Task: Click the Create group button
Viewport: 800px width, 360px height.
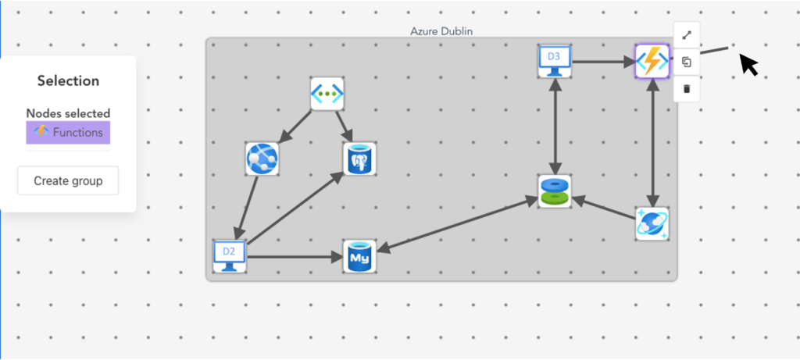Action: (68, 180)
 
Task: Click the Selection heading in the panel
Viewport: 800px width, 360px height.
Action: (68, 80)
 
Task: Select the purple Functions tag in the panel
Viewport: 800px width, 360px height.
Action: (68, 133)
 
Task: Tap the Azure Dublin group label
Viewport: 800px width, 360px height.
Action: (441, 31)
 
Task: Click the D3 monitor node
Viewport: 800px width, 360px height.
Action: (554, 61)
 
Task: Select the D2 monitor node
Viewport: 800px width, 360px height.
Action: (230, 256)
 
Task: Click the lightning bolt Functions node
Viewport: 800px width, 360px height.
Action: (652, 61)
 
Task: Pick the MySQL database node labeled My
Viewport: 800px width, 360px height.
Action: (360, 256)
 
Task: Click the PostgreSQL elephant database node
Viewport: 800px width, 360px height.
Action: (360, 159)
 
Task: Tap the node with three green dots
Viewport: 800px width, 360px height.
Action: (327, 94)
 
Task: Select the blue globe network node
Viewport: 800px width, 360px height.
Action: (262, 159)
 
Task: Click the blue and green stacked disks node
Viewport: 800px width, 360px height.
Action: (554, 191)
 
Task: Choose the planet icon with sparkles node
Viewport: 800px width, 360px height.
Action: (652, 224)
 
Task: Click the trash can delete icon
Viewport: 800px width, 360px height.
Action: (687, 88)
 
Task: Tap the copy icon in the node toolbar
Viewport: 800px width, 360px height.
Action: (687, 62)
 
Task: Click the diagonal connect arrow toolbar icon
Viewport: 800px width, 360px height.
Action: (687, 35)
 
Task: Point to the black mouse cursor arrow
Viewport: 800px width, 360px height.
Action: (748, 64)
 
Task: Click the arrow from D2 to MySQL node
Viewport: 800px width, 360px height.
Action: (295, 256)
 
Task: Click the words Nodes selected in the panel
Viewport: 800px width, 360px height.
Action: (68, 113)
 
